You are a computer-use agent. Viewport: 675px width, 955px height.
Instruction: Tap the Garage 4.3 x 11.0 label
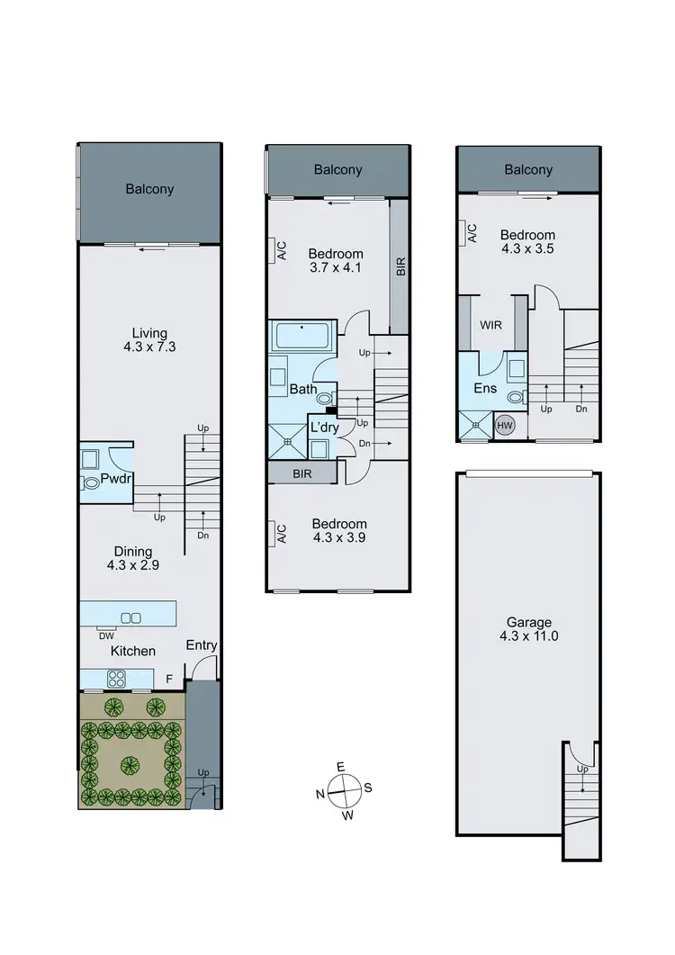[x=527, y=628]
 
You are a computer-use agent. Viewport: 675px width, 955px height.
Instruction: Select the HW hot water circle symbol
[x=504, y=426]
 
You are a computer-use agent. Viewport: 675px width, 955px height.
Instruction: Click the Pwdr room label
[x=116, y=479]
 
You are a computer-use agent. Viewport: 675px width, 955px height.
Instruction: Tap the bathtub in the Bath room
[x=301, y=338]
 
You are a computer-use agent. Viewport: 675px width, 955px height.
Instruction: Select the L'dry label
[x=323, y=428]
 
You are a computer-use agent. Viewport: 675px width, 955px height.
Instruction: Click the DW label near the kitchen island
[x=106, y=635]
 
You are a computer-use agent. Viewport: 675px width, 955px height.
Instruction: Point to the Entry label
[x=201, y=645]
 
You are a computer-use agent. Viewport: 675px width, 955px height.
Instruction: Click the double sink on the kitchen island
[x=130, y=617]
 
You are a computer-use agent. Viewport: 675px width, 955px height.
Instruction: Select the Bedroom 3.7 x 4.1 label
[x=336, y=260]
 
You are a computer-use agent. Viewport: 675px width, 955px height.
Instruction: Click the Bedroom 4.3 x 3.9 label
[x=339, y=531]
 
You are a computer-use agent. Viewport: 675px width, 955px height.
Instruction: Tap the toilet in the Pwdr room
[x=92, y=483]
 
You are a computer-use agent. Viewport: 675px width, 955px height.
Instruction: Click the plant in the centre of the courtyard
[x=131, y=766]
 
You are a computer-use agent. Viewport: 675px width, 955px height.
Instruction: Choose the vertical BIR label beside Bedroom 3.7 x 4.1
[x=400, y=266]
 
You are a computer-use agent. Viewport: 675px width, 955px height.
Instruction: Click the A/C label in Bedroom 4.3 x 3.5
[x=472, y=233]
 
